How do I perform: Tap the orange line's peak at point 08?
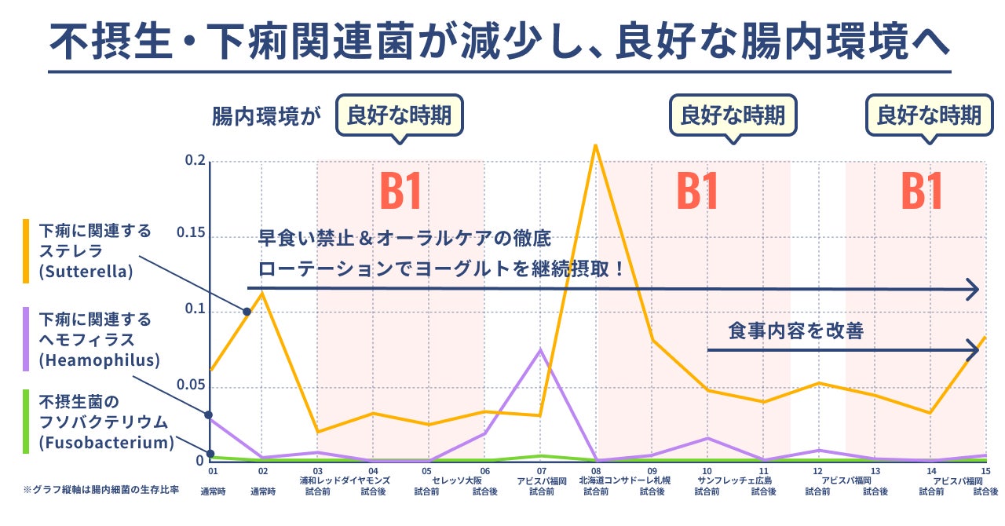(x=596, y=145)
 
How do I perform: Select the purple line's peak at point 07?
(x=540, y=349)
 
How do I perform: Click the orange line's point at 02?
(x=262, y=293)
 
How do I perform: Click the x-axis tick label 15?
(x=985, y=471)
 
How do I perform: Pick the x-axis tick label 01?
(x=212, y=471)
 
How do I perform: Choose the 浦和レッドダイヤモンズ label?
(x=344, y=480)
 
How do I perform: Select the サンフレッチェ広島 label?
(x=735, y=480)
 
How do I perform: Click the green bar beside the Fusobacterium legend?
(x=26, y=422)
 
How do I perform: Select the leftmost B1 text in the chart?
(x=401, y=191)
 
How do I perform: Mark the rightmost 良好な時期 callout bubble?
(x=928, y=116)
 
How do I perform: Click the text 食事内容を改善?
(x=795, y=331)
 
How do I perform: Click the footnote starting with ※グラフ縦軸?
(x=100, y=490)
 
